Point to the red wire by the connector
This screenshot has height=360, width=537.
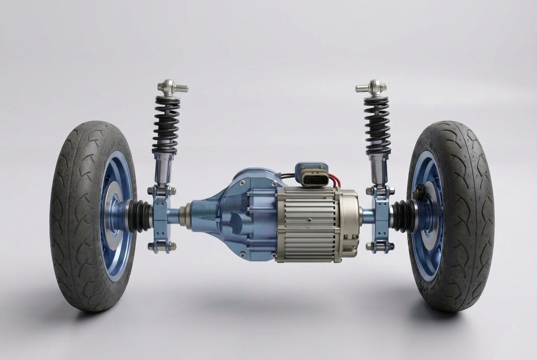pos(336,182)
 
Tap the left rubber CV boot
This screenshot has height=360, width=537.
pos(140,216)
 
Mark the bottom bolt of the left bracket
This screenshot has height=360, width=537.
pos(161,246)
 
